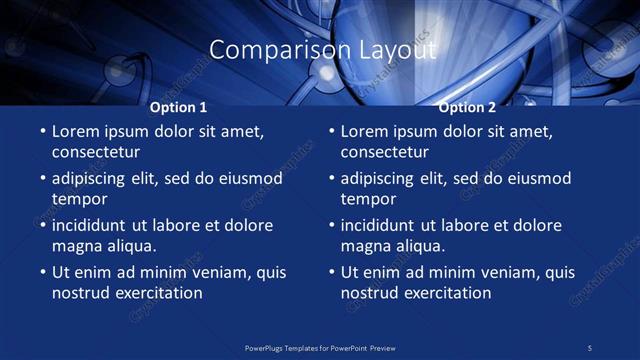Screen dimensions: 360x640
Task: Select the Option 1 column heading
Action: (179, 107)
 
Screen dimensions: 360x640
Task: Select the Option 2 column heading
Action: (467, 107)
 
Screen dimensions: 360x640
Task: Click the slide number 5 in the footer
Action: (589, 347)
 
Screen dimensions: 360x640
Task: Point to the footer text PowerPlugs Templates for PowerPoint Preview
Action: (320, 347)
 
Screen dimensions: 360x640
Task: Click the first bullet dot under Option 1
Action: (42, 131)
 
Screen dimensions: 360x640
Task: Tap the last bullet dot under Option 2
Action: (331, 272)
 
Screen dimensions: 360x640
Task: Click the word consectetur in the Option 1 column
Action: (96, 152)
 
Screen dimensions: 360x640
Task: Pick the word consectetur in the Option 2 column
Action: (385, 152)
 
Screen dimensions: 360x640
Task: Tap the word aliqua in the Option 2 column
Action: (418, 246)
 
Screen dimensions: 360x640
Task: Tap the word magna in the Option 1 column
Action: (76, 246)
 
